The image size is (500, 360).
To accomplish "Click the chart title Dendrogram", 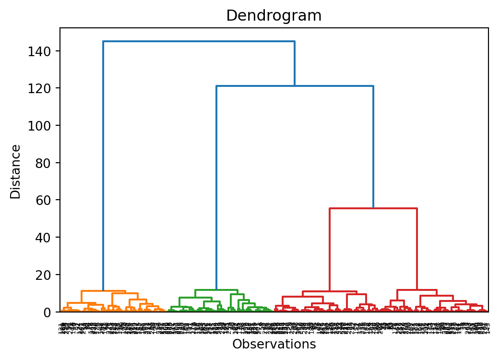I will click(x=274, y=16).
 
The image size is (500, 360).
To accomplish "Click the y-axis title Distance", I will click(x=16, y=171).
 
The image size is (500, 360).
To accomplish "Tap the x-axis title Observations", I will click(x=274, y=344).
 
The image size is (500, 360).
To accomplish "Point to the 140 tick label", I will click(x=43, y=51).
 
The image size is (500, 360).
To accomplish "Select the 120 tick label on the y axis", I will click(x=43, y=88).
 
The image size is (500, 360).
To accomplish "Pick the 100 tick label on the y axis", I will click(x=43, y=126).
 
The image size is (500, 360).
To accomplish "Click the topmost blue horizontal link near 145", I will click(x=199, y=41).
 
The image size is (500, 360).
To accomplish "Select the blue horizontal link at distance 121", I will click(x=295, y=86).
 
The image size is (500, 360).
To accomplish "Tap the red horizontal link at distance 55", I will click(x=373, y=208).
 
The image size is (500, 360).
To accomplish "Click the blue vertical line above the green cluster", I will click(x=216, y=187).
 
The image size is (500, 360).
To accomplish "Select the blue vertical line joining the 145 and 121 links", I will click(x=295, y=63).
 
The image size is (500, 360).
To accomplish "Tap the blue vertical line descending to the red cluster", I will click(x=373, y=147).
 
